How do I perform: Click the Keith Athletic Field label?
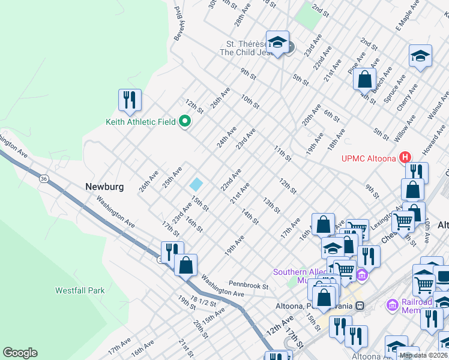point(140,122)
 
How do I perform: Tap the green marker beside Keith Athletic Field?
point(185,122)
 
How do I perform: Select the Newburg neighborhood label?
point(104,187)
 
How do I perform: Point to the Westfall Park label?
point(80,291)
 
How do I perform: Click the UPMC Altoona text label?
point(369,158)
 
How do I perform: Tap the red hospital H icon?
point(405,158)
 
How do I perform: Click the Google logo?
point(20,353)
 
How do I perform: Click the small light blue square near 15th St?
point(196,184)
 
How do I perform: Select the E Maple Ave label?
point(406,18)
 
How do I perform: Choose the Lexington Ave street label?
point(388,214)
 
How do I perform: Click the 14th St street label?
point(250,217)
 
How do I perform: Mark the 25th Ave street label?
point(173,176)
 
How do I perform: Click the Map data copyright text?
point(423,355)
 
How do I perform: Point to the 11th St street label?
point(282,154)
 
